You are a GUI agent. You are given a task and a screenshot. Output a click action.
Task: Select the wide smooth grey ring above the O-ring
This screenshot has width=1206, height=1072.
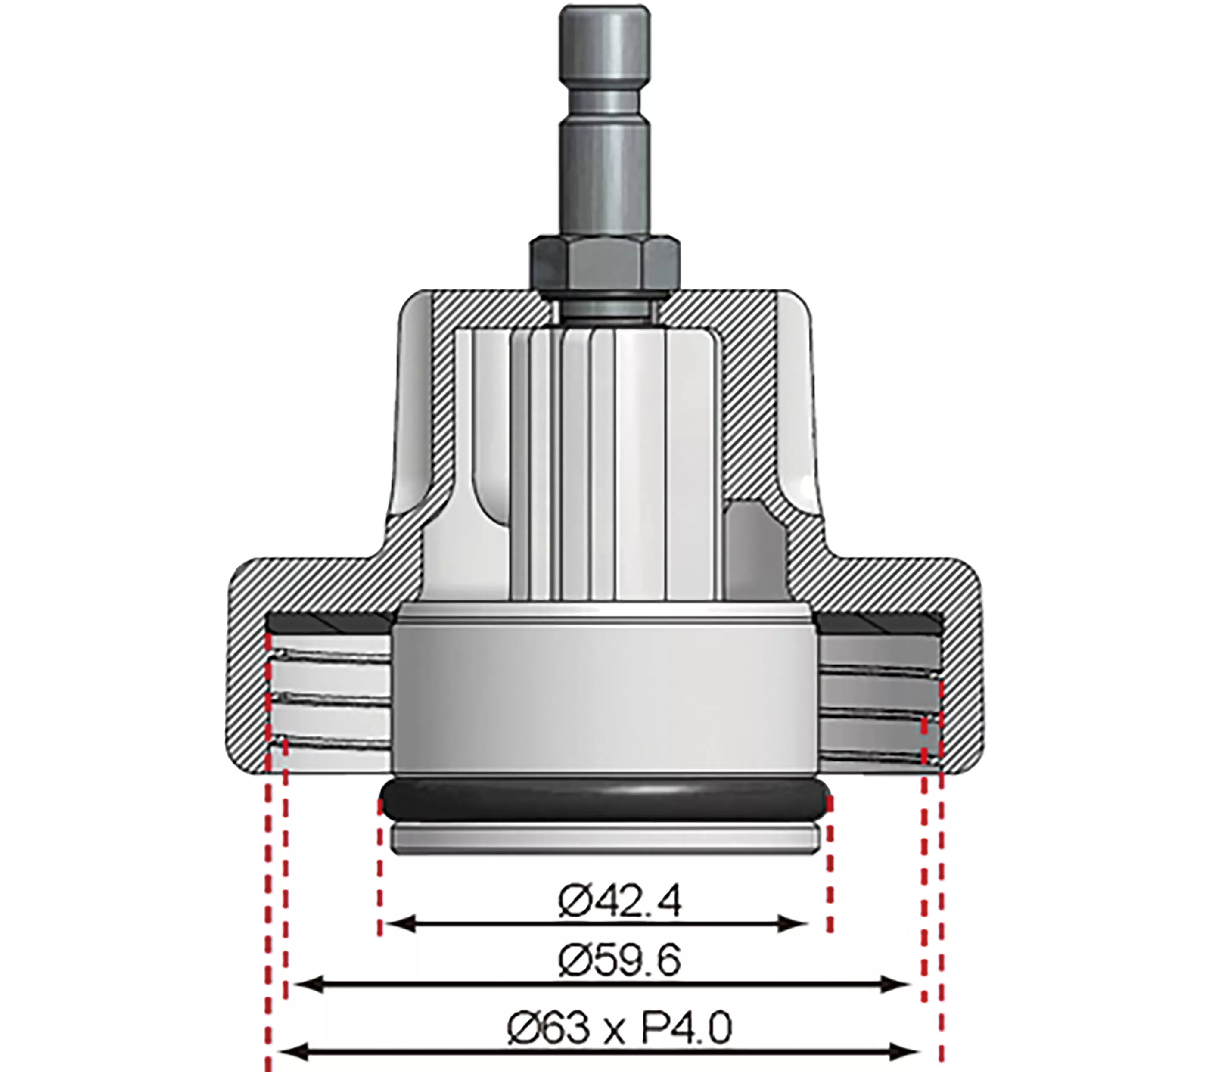pyautogui.click(x=605, y=690)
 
